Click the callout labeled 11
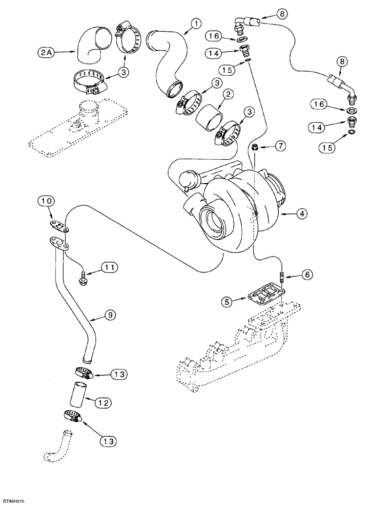110,267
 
